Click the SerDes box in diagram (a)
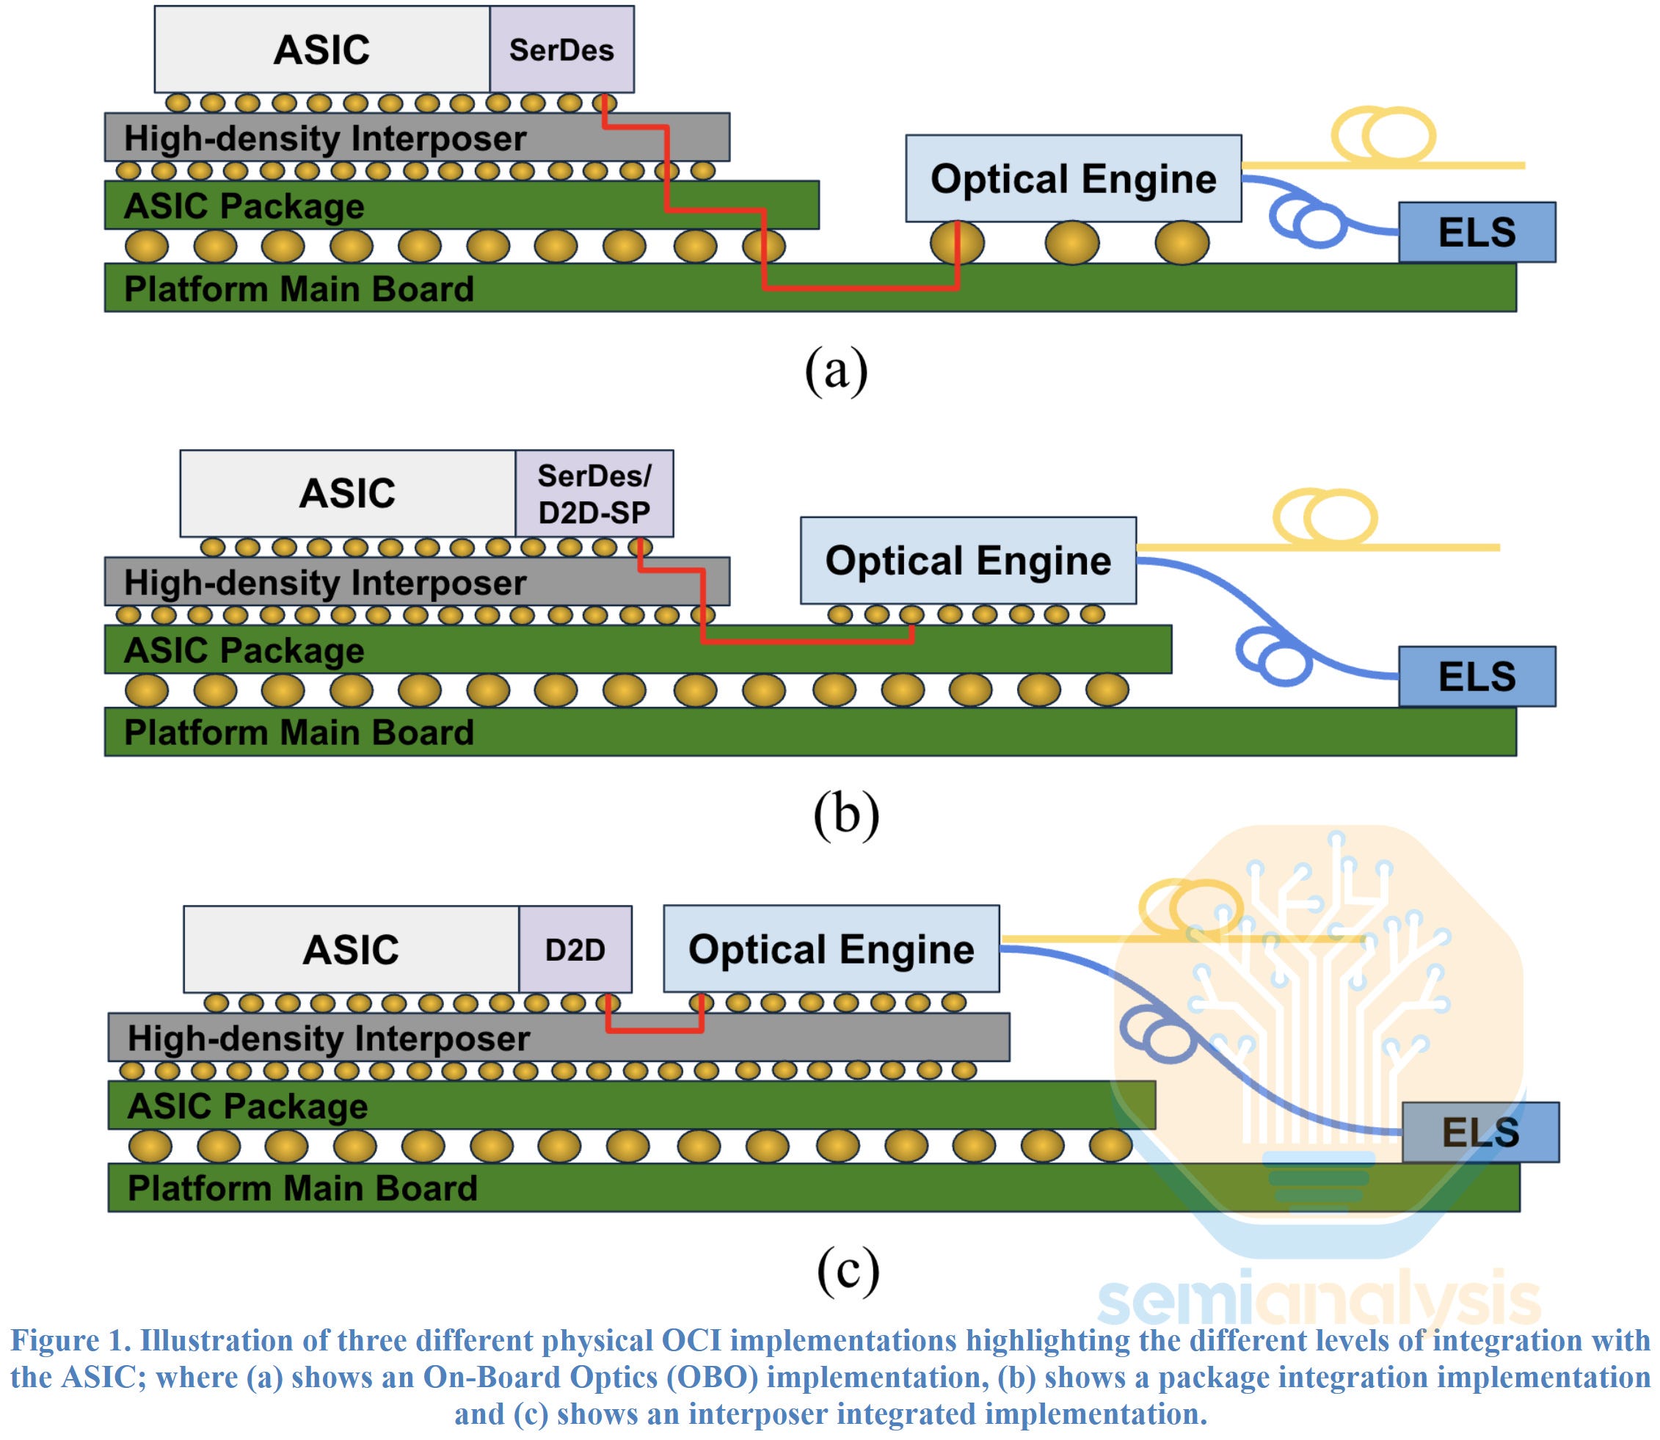pos(561,50)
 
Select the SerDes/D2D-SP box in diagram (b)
pos(594,493)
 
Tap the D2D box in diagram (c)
pos(575,950)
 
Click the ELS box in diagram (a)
pos(1476,232)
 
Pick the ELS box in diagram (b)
pos(1476,677)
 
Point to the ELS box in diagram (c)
pos(1480,1132)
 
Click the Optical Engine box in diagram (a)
pos(1073,178)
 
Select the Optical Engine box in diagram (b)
pos(967,561)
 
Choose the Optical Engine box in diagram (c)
pos(831,949)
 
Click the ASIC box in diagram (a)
pos(321,50)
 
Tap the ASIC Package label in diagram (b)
pos(244,650)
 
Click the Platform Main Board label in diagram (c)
pos(302,1188)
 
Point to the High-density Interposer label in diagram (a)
pos(324,138)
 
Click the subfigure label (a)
pos(836,370)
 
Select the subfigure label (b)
pos(845,813)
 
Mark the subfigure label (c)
pos(848,1270)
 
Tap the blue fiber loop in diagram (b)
pos(1273,657)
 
